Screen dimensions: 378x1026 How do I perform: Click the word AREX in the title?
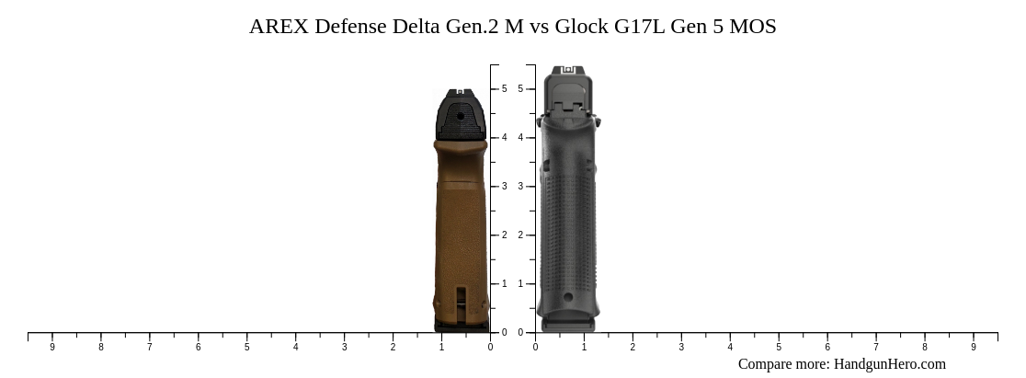tap(279, 27)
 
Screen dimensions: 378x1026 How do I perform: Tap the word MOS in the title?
tap(752, 27)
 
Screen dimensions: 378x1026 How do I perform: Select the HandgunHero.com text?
tap(889, 364)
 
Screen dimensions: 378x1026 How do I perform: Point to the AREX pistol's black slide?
tap(461, 115)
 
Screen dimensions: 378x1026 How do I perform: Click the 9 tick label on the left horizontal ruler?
tap(52, 347)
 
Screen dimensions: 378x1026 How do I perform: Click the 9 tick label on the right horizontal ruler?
tap(974, 347)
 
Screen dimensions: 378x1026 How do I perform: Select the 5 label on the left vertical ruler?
tap(504, 89)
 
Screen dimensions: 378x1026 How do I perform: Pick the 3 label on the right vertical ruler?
tap(520, 187)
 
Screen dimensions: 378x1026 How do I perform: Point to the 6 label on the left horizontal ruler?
tap(198, 347)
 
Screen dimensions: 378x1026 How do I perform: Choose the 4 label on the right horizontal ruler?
tap(730, 347)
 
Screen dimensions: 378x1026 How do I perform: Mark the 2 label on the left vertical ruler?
tap(504, 235)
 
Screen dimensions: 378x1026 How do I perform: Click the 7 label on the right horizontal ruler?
tap(876, 347)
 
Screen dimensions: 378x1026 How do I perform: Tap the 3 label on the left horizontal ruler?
tap(344, 347)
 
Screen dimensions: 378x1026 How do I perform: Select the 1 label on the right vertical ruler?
tap(520, 284)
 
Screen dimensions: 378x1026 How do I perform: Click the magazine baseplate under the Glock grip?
tap(568, 325)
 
